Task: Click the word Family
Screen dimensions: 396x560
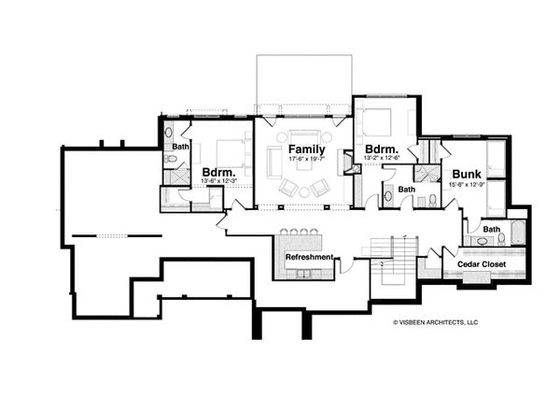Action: point(305,149)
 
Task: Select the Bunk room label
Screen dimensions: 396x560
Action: point(466,174)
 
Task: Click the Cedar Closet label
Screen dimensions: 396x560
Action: point(481,264)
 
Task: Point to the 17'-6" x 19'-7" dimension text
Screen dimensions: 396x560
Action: point(305,160)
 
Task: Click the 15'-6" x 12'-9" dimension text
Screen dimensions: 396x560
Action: point(466,185)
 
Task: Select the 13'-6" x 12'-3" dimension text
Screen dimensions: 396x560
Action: point(218,182)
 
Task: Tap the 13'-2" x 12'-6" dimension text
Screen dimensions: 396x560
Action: point(382,160)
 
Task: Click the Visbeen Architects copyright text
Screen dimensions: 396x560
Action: point(435,321)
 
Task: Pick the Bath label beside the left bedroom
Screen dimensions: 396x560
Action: point(180,147)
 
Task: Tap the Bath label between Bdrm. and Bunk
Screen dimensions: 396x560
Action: point(406,190)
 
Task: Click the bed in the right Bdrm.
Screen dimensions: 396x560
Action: point(378,122)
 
